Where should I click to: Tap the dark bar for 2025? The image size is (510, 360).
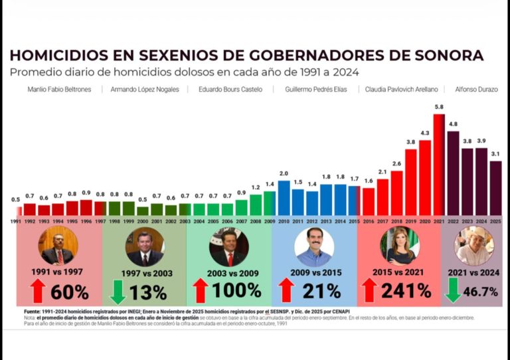click(495, 188)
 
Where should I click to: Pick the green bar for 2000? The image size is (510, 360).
click(142, 211)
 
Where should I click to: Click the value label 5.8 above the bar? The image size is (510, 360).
click(439, 107)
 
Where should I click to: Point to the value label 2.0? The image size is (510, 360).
click(284, 173)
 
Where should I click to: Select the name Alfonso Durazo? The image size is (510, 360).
click(476, 89)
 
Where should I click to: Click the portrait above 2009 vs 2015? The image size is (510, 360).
click(313, 247)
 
